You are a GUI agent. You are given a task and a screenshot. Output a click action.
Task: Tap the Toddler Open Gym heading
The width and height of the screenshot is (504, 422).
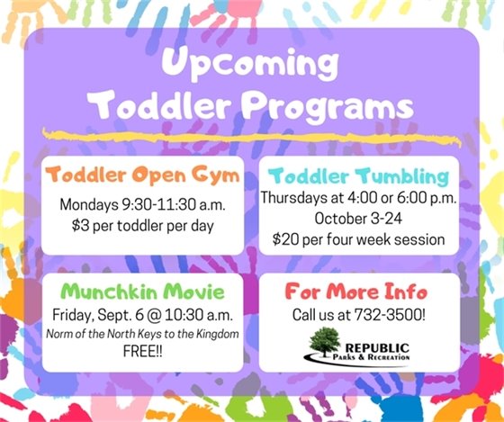click(x=143, y=174)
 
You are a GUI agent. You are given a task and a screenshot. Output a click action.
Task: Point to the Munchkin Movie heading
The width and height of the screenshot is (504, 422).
click(x=143, y=293)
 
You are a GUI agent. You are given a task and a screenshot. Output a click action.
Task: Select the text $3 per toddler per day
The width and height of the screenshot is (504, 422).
click(x=143, y=225)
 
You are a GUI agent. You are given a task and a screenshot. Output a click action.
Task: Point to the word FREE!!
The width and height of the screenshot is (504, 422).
click(x=143, y=353)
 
